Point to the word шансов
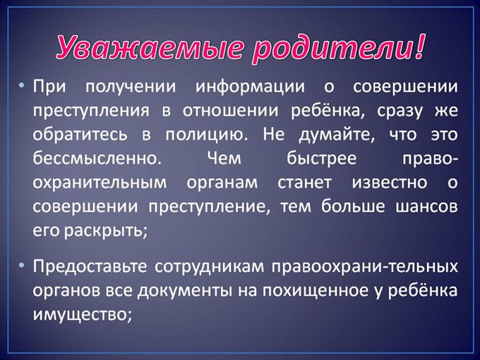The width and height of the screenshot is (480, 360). (426, 207)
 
